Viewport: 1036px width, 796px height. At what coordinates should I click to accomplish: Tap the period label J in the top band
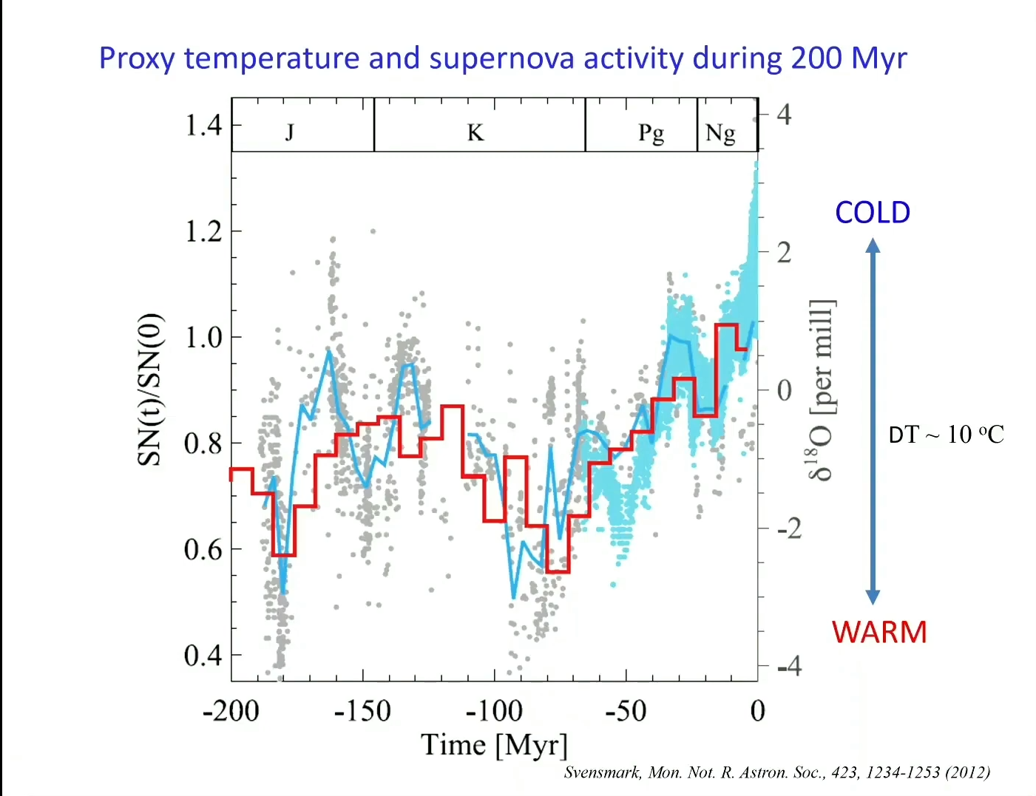(x=290, y=132)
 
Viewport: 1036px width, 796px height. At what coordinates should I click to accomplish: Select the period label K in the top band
(x=475, y=133)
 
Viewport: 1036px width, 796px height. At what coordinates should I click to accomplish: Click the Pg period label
(x=651, y=134)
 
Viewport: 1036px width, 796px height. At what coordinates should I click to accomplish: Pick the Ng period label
(x=720, y=134)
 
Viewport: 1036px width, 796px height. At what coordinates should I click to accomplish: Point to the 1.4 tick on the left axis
(x=203, y=125)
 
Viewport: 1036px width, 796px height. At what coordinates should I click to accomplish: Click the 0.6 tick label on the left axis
(x=203, y=549)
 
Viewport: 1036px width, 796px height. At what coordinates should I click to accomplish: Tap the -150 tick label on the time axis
(x=362, y=711)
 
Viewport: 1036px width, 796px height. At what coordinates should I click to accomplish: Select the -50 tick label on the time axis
(x=626, y=711)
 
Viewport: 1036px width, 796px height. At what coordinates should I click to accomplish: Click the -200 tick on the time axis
(x=231, y=711)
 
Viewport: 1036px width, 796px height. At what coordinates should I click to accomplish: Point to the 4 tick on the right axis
(x=784, y=115)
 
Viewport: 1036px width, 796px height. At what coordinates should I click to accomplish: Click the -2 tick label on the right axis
(x=789, y=528)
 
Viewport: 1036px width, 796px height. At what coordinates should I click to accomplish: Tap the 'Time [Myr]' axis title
(x=494, y=745)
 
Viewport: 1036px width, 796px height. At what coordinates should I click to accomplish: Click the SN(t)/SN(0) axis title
(x=150, y=391)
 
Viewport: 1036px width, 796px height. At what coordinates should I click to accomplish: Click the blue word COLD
(x=873, y=213)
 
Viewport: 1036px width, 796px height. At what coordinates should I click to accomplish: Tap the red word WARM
(x=879, y=633)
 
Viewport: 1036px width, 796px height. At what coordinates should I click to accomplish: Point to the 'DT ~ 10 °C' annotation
(x=946, y=435)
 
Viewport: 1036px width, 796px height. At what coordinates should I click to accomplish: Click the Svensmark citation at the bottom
(x=776, y=773)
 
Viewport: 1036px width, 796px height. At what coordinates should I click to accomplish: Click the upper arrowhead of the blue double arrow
(x=873, y=245)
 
